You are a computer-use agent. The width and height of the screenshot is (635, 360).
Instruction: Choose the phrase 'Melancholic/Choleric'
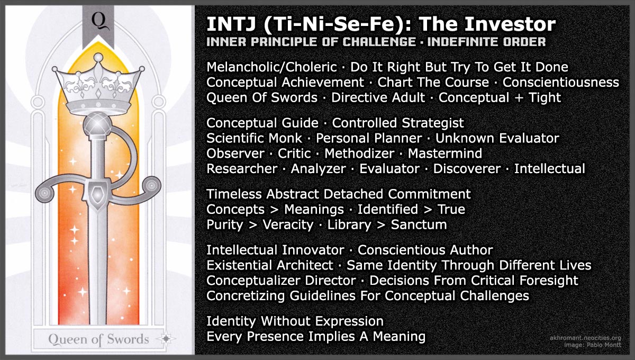click(x=271, y=67)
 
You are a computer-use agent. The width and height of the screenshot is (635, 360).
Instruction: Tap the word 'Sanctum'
click(x=419, y=224)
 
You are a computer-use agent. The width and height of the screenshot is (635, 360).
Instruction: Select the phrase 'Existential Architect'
click(x=270, y=265)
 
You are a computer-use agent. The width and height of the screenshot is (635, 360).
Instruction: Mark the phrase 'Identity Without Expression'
click(x=295, y=321)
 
